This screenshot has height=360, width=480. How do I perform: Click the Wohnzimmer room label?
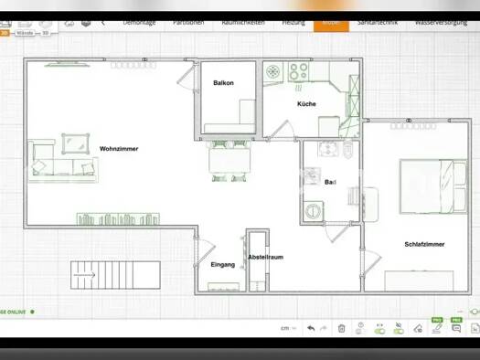pyautogui.click(x=119, y=148)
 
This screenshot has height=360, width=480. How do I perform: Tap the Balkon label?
pyautogui.click(x=223, y=83)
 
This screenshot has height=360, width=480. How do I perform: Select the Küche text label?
pyautogui.click(x=306, y=104)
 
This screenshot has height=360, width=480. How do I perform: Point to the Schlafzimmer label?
pyautogui.click(x=424, y=244)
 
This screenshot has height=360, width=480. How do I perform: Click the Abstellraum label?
pyautogui.click(x=265, y=258)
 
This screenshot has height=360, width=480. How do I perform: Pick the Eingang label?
pyautogui.click(x=222, y=265)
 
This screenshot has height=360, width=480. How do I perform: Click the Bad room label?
pyautogui.click(x=330, y=183)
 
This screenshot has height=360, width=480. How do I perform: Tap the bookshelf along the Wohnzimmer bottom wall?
pyautogui.click(x=119, y=219)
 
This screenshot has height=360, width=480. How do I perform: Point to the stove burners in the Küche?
pyautogui.click(x=298, y=71)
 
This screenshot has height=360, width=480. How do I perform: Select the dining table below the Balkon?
pyautogui.click(x=230, y=162)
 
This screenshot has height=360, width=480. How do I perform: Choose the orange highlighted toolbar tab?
pyautogui.click(x=330, y=22)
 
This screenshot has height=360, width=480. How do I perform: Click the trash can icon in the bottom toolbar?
pyautogui.click(x=341, y=328)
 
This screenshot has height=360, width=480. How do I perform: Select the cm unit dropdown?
pyautogui.click(x=287, y=328)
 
